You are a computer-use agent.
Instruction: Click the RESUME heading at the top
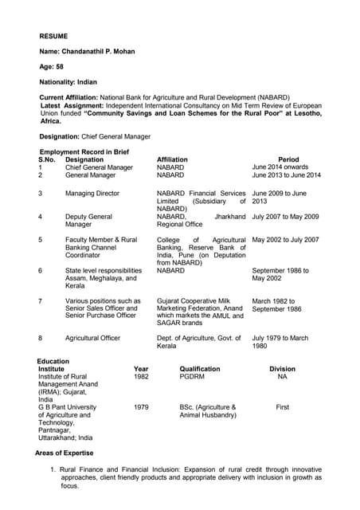[x=53, y=36]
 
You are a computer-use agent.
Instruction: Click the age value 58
[x=59, y=66]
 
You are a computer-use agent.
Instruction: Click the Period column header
[x=288, y=159]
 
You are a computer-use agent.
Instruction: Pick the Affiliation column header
[x=172, y=159]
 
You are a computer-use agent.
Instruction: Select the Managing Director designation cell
[x=92, y=193]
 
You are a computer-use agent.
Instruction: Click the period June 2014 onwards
[x=281, y=167]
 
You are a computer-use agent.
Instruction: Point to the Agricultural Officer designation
[x=92, y=338]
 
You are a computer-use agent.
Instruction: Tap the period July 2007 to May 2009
[x=285, y=216]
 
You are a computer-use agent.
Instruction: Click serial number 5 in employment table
[x=40, y=239]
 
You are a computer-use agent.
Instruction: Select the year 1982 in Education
[x=141, y=377]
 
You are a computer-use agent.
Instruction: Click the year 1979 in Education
[x=141, y=407]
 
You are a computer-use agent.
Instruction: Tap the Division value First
[x=282, y=407]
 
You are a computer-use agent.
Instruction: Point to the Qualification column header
[x=200, y=369]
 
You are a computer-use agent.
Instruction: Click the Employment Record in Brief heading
[x=84, y=151]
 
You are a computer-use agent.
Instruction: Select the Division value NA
[x=282, y=377]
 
